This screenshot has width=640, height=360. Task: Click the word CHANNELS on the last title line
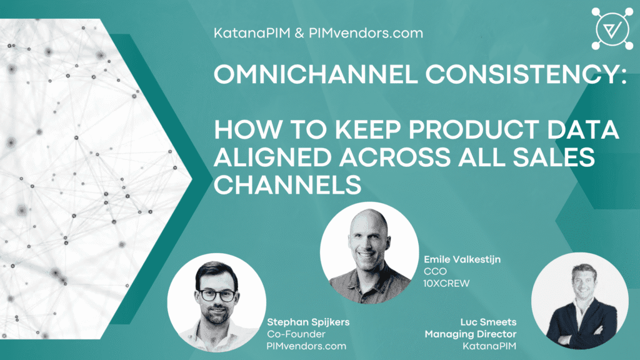[x=287, y=184]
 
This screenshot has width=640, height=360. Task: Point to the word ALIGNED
[x=272, y=157]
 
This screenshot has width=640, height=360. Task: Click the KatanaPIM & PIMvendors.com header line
[x=318, y=33]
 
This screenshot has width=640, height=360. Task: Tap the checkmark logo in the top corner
[x=612, y=29]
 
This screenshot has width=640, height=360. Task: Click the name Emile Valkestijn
[x=462, y=259]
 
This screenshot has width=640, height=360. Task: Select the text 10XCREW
[x=446, y=283]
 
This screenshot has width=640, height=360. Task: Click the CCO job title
[x=435, y=271]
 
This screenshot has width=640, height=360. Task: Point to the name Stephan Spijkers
[x=308, y=322]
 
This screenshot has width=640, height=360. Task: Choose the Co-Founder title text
[x=296, y=334]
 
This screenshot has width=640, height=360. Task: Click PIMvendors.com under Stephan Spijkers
[x=306, y=346]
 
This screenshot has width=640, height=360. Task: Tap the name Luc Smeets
[x=489, y=322]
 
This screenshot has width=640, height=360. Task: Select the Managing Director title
[x=471, y=334]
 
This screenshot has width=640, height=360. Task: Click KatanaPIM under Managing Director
[x=489, y=346]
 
